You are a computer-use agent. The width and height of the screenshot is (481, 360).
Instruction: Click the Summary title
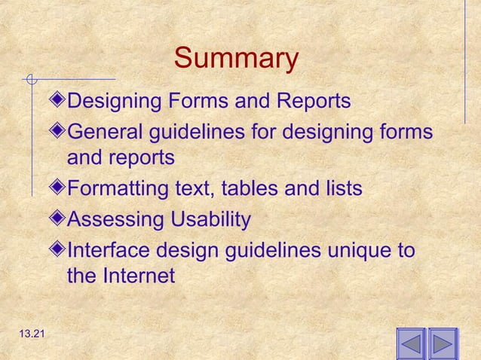pos(236,59)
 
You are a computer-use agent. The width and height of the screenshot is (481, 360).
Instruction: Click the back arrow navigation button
pos(410,345)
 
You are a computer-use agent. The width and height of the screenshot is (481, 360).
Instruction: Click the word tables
pos(248,189)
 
